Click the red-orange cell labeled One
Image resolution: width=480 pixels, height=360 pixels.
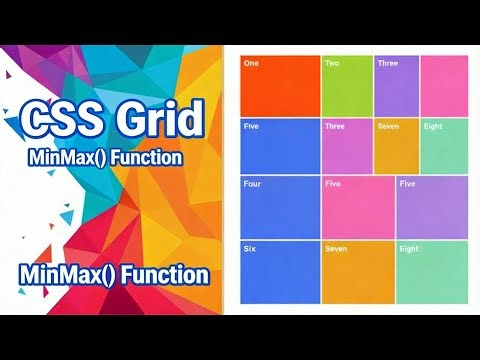point(280,86)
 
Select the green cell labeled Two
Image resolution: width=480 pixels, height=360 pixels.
point(346,86)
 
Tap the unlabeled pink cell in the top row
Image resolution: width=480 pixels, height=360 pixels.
point(444,86)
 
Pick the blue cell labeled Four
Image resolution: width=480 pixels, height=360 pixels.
point(280,208)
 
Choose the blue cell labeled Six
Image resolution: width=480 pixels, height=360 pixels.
point(280,271)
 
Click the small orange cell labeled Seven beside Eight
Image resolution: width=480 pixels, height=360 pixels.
point(396,147)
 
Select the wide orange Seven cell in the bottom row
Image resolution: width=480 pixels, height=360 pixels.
point(358,271)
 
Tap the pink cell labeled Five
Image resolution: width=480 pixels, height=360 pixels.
point(358,208)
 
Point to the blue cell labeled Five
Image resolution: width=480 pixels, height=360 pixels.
point(280,147)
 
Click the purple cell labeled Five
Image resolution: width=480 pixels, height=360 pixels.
point(432,208)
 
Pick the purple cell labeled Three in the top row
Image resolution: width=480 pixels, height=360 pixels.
point(396,86)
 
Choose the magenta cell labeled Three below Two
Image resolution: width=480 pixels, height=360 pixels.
point(346,147)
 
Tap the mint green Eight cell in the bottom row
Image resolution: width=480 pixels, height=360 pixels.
point(432,271)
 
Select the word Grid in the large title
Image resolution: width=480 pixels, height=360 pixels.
point(159,122)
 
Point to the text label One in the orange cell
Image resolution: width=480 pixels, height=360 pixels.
point(251,63)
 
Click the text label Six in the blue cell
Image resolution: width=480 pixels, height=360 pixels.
point(250,248)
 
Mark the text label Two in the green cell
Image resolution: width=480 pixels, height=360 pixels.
point(332,63)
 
